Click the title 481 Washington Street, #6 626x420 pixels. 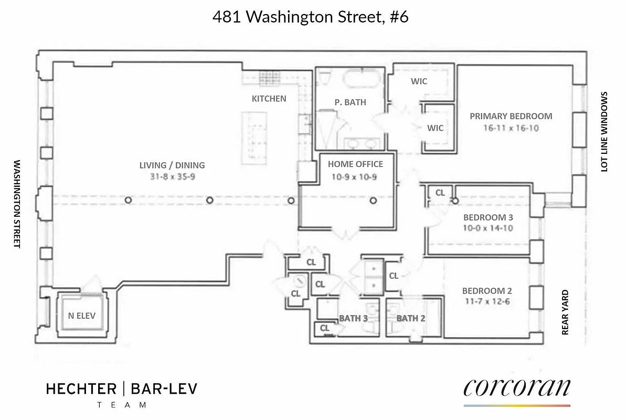coord(310,17)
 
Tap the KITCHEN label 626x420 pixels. coord(269,98)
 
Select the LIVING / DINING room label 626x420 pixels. coord(172,165)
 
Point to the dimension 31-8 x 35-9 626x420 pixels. coord(172,177)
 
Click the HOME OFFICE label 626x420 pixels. coord(356,164)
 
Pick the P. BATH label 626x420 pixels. coord(350,102)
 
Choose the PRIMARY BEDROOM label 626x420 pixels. coord(511,116)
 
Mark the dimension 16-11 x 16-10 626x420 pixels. coord(511,128)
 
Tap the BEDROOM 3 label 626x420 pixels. coord(487,217)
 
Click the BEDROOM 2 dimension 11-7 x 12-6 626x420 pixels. coord(487,302)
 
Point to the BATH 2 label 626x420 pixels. coord(411,318)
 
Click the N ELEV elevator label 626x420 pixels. coord(82,316)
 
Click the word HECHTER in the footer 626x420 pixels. coord(81,389)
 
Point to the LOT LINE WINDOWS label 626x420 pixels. coord(604,132)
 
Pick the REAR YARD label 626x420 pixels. coord(565,312)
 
